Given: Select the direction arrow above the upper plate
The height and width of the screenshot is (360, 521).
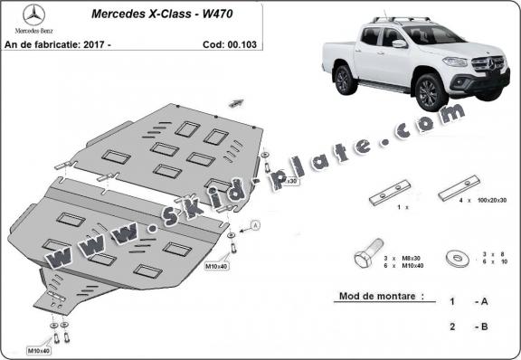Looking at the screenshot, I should (x=237, y=102).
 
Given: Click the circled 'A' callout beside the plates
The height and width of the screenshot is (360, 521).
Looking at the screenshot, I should (x=255, y=223).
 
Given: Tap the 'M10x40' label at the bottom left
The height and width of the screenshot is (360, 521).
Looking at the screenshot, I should (x=38, y=350).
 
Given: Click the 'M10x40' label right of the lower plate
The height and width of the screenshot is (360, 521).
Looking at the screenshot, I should (x=216, y=268).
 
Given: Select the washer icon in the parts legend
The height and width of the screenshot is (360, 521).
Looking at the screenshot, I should (x=456, y=259).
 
